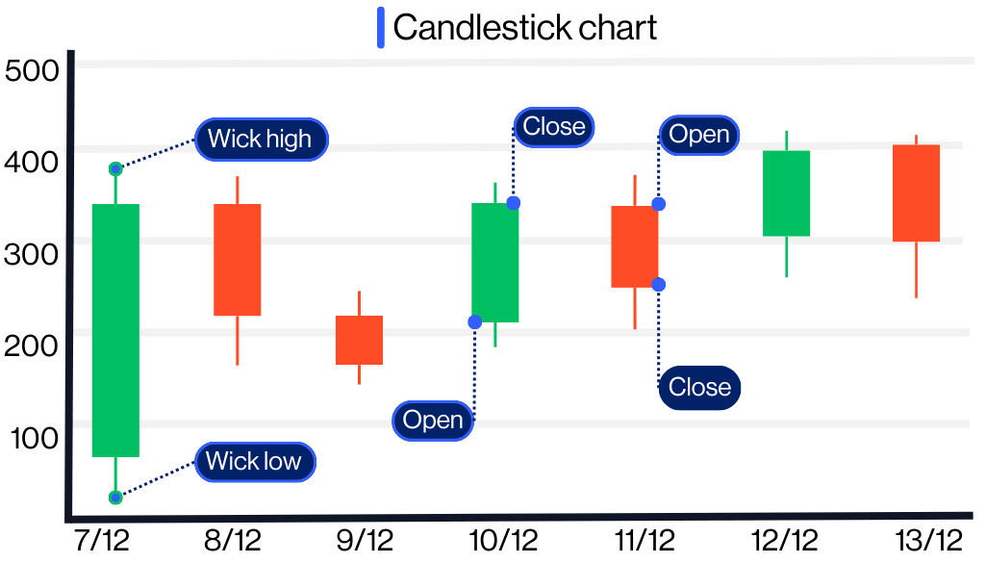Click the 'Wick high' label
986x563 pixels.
pyautogui.click(x=261, y=139)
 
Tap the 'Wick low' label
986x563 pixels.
pyautogui.click(x=254, y=461)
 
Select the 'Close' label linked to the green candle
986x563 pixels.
pyautogui.click(x=553, y=127)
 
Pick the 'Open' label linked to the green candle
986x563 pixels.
pyautogui.click(x=433, y=421)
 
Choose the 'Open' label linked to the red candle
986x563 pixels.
pyautogui.click(x=699, y=135)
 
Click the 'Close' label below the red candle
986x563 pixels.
pyautogui.click(x=699, y=387)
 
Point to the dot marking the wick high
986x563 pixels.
pyautogui.click(x=115, y=169)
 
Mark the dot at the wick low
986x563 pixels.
pyautogui.click(x=115, y=498)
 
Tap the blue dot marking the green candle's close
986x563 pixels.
pyautogui.click(x=514, y=202)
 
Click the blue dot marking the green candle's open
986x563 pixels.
pyautogui.click(x=474, y=321)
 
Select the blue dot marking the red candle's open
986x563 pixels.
pyautogui.click(x=658, y=204)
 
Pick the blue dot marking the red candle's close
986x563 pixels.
pyautogui.click(x=658, y=284)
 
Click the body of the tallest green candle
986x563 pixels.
pyautogui.click(x=115, y=330)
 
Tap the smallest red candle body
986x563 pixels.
pyautogui.click(x=359, y=340)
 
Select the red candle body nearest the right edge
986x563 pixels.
pyautogui.click(x=916, y=192)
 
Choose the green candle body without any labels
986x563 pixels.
pyautogui.click(x=787, y=192)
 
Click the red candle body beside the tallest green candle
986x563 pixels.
pyautogui.click(x=238, y=260)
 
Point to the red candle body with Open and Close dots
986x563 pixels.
pyautogui.click(x=635, y=246)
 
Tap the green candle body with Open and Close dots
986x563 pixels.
pyautogui.click(x=495, y=262)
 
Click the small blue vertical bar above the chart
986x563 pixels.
pyautogui.click(x=381, y=27)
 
